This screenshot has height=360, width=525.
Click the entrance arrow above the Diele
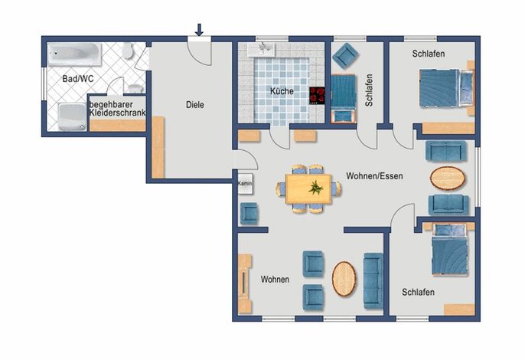199,30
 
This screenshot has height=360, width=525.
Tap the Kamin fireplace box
245,184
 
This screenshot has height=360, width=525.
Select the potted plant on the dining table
316,188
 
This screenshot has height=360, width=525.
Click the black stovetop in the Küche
317,96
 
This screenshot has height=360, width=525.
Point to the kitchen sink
261,49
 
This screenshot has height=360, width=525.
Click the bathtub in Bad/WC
74,54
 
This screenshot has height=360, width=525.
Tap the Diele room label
195,105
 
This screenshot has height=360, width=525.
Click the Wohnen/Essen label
374,176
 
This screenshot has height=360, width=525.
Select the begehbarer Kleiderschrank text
117,109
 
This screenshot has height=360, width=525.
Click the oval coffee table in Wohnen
344,279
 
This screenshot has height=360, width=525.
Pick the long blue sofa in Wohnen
373,281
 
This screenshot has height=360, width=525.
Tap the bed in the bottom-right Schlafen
449,250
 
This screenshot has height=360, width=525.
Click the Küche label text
282,91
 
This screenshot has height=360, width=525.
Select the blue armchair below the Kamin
249,214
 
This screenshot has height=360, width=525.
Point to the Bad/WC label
78,79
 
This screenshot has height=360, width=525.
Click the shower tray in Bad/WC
72,116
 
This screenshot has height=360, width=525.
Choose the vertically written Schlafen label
369,90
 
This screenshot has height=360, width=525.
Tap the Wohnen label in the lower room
275,280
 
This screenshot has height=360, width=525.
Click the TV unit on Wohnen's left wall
244,283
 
